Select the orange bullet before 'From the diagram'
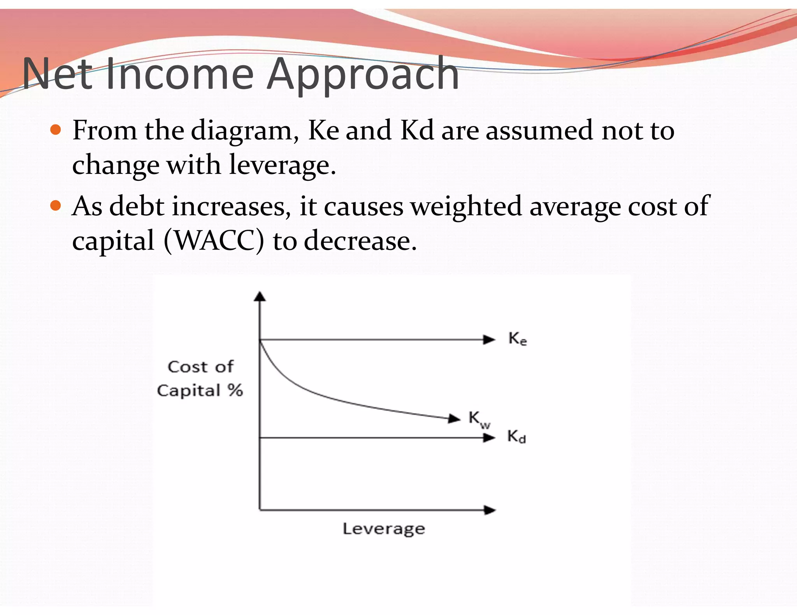coord(56,129)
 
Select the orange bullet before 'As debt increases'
coord(56,205)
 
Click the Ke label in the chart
coord(518,339)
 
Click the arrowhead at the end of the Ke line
coord(489,340)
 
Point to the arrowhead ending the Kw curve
coord(454,419)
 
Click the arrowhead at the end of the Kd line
coord(489,438)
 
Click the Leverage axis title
coord(384,529)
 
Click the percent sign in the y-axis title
coord(235,390)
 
